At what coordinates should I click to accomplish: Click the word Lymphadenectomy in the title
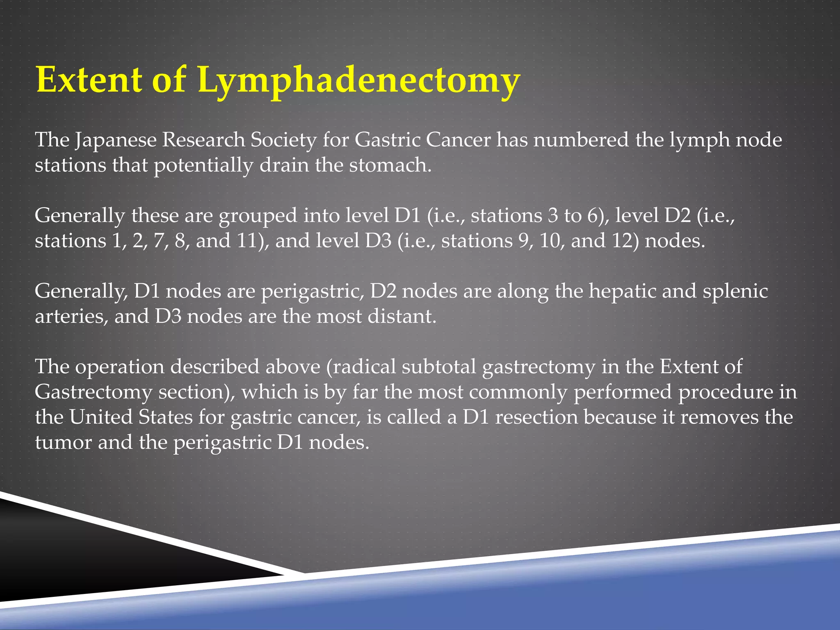pyautogui.click(x=359, y=80)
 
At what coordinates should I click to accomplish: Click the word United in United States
pyautogui.click(x=100, y=417)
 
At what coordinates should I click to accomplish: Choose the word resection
pyautogui.click(x=536, y=417)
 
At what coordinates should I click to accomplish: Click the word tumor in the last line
pyautogui.click(x=63, y=443)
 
